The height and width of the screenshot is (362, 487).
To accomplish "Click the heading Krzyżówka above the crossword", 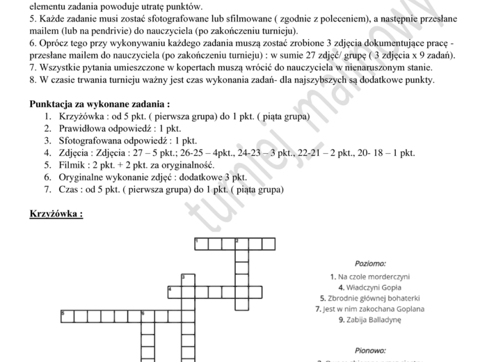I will click(x=56, y=214).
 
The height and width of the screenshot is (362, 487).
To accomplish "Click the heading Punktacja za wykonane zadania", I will click(x=100, y=104).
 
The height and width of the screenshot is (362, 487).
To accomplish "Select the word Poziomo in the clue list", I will click(x=370, y=263).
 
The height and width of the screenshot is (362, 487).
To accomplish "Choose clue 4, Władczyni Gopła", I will click(x=369, y=287).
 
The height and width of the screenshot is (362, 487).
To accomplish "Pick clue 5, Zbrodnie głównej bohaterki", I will click(x=369, y=298).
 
